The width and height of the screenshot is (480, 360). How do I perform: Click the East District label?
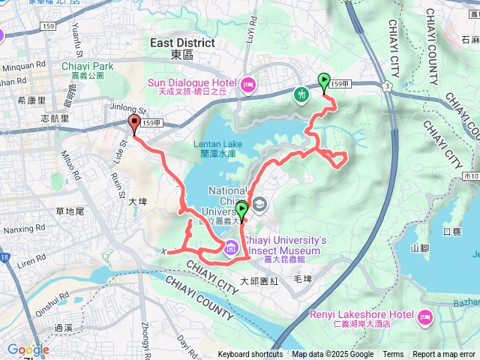(x=182, y=43)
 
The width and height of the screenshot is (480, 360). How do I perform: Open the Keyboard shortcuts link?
(x=250, y=355)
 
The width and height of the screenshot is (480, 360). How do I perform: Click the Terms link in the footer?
(x=393, y=355)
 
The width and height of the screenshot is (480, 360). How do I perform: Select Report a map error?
(x=445, y=355)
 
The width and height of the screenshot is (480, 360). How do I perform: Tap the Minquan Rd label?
(x=19, y=66)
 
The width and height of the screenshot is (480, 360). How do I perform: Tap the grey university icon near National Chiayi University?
(x=259, y=203)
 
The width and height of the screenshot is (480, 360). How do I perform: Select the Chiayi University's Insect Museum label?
(x=284, y=239)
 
